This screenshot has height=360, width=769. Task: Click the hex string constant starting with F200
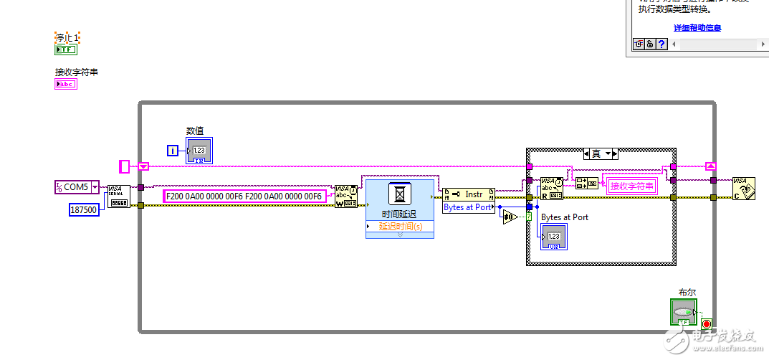coord(244,196)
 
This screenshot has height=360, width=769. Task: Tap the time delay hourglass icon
coord(399,194)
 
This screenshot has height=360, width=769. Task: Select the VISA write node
coord(345,196)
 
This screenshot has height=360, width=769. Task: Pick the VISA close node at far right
coord(743,188)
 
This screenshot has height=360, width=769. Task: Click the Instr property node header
coord(469,194)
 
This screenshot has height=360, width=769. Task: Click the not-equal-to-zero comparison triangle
coord(510,217)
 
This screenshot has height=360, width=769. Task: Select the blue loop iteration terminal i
coord(173,150)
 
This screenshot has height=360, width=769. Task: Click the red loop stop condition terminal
coord(707,324)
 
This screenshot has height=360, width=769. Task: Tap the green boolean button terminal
coord(683,313)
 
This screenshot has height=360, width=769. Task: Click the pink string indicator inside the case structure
coord(631,186)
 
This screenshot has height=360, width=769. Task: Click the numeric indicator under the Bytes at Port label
coord(554,236)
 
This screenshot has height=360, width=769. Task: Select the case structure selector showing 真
coord(601,153)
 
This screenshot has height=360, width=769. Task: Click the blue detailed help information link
coord(697,28)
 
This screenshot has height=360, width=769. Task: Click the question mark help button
coord(661,44)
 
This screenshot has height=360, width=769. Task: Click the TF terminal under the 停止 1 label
coord(65,49)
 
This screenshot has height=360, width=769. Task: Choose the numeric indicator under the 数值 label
coord(199,150)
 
